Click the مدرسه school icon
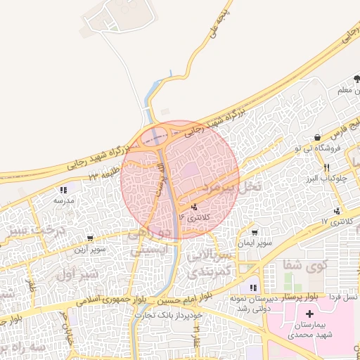click(63, 190)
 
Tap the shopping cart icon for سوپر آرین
click(91, 239)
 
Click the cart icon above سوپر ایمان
click(254, 233)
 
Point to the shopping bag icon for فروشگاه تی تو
click(318, 137)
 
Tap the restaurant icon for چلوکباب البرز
click(326, 167)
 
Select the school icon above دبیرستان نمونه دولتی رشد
click(252, 288)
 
